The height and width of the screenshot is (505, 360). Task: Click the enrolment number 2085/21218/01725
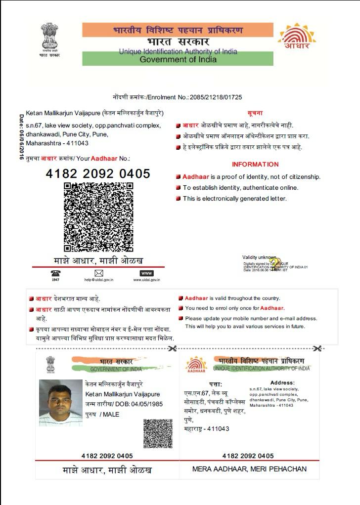(216, 97)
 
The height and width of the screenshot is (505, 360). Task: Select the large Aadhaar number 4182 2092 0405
(98, 173)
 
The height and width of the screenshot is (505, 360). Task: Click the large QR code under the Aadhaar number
(98, 217)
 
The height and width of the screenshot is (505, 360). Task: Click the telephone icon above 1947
(55, 273)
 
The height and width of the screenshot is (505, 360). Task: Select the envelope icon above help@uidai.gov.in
(99, 273)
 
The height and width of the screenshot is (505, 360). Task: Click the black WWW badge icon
(147, 273)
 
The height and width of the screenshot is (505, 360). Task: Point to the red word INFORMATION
(255, 165)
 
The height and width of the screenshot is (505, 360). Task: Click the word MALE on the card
(111, 415)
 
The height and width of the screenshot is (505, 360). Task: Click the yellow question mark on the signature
(275, 262)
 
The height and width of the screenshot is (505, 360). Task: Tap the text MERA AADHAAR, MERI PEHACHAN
(249, 469)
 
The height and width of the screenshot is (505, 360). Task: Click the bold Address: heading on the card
(282, 382)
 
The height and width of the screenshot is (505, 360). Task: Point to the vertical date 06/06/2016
(21, 136)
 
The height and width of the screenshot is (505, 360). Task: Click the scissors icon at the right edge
(317, 348)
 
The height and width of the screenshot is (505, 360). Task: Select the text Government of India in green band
(178, 60)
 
